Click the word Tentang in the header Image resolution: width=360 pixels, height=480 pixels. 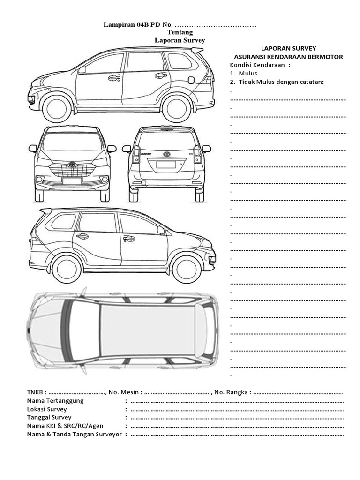tap(180, 32)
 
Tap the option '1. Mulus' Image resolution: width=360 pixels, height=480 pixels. tap(244, 74)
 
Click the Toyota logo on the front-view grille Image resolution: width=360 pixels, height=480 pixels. tap(72, 165)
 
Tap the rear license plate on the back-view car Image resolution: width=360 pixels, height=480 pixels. tap(166, 165)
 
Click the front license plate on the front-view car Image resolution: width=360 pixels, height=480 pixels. tap(72, 181)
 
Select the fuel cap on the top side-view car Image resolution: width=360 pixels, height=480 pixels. tap(191, 80)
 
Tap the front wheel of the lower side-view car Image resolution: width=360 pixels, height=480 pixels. tap(187, 269)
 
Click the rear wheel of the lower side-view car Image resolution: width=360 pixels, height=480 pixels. tap(67, 269)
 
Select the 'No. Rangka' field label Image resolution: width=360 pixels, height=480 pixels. tap(232, 392)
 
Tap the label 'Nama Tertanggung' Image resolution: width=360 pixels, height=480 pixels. tap(55, 401)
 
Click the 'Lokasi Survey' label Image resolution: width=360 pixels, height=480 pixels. tap(47, 409)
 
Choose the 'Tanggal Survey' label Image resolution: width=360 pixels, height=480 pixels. tap(49, 417)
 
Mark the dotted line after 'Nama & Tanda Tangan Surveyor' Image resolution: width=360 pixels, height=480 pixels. tap(237, 435)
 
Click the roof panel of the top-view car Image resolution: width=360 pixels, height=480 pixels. tap(148, 330)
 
